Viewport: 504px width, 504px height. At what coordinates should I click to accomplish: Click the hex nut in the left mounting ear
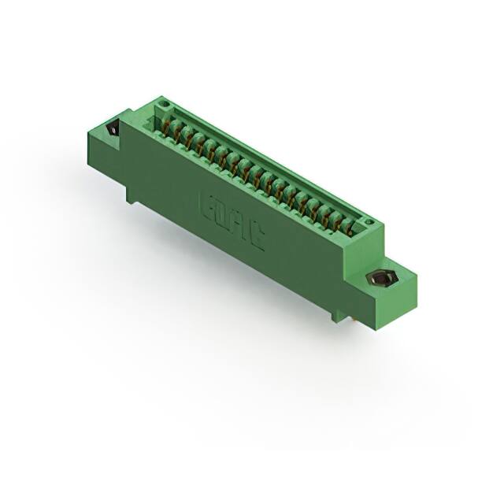pos(111,129)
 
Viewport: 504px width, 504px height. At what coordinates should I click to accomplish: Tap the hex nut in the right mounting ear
pos(385,279)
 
